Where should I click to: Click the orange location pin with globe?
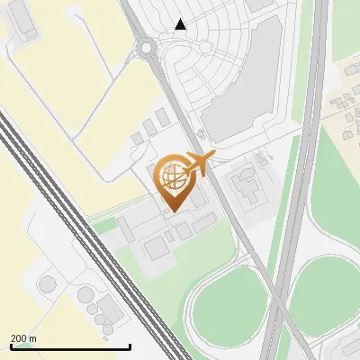click(173, 180)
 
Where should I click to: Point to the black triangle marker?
click(181, 24)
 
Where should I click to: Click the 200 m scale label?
click(23, 337)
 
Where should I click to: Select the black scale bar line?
click(70, 346)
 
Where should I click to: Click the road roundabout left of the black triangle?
click(146, 47)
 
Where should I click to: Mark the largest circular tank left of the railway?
click(47, 285)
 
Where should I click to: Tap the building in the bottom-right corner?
click(346, 351)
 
